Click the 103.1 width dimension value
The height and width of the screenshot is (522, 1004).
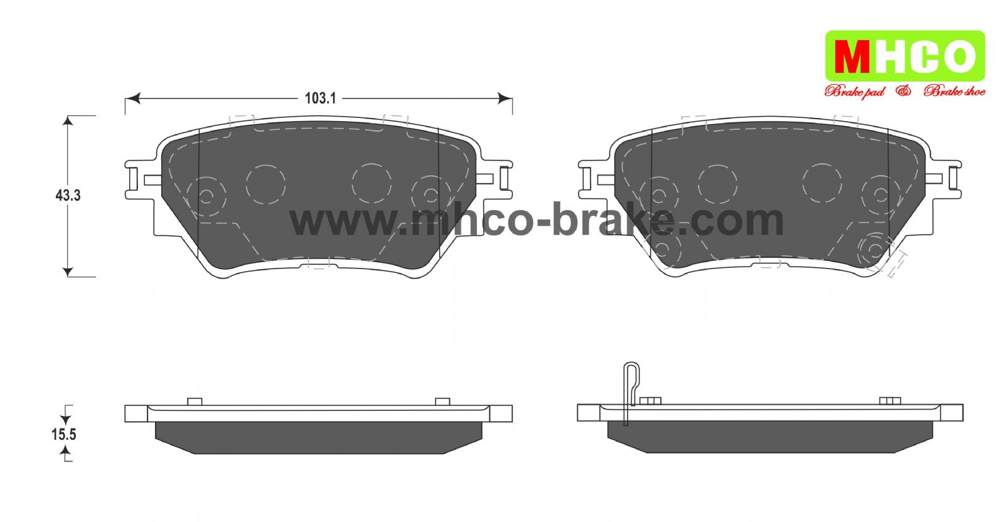click(320, 98)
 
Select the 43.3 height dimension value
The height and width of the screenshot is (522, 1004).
click(68, 195)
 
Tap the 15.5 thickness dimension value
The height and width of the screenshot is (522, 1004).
click(63, 434)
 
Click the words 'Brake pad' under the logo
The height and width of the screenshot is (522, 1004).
click(855, 92)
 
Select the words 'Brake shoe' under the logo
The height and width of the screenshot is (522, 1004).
click(954, 92)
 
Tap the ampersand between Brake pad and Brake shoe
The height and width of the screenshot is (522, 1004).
click(904, 91)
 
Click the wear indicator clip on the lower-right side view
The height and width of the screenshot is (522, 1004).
click(631, 390)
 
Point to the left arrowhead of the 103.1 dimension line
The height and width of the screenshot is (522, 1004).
click(132, 98)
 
